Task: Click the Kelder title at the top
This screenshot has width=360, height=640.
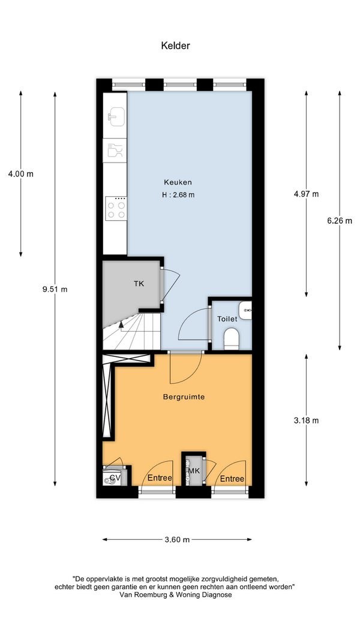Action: (x=176, y=46)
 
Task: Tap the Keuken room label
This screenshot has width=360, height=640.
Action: (x=178, y=182)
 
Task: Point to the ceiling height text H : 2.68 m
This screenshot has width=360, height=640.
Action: (x=178, y=195)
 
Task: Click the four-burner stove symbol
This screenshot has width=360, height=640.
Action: (x=116, y=208)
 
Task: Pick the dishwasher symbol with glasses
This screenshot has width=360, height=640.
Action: (x=115, y=150)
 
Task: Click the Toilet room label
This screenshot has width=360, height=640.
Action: (x=227, y=319)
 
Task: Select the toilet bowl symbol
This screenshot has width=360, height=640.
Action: (x=232, y=339)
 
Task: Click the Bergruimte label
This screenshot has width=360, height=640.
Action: (x=184, y=396)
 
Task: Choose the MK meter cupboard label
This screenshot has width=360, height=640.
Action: (x=194, y=471)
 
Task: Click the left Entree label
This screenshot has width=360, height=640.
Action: (x=160, y=478)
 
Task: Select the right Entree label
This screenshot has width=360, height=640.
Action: (x=232, y=479)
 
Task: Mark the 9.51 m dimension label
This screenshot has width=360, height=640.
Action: (x=55, y=289)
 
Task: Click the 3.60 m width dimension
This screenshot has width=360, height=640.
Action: (x=177, y=539)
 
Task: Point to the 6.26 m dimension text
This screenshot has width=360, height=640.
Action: (x=339, y=221)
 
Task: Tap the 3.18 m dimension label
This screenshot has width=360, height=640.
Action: (x=306, y=420)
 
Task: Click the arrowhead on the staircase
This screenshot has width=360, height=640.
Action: (x=121, y=324)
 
